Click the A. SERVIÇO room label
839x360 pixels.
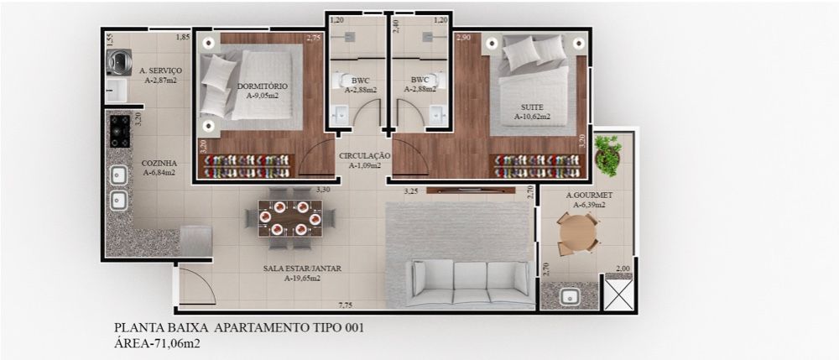pyautogui.click(x=156, y=76)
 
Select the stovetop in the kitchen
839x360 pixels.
pyautogui.click(x=120, y=131)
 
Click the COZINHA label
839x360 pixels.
pyautogui.click(x=158, y=167)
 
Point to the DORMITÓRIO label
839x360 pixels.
pyautogui.click(x=263, y=91)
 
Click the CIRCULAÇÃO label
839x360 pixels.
pyautogui.click(x=364, y=160)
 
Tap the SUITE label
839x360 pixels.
pyautogui.click(x=531, y=112)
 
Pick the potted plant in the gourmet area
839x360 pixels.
pyautogui.click(x=607, y=154)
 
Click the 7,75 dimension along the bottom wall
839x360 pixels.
pyautogui.click(x=345, y=304)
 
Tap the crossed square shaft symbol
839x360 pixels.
pyautogui.click(x=621, y=295)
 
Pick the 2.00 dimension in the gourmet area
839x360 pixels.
pyautogui.click(x=623, y=269)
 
